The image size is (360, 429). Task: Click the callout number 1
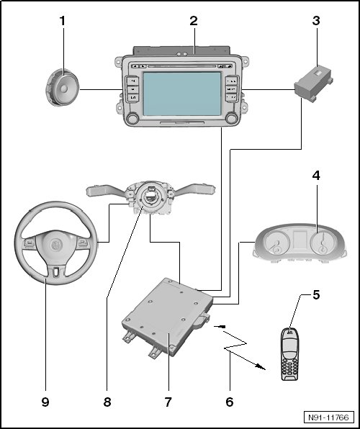(x=63, y=21)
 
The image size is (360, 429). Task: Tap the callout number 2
(x=194, y=21)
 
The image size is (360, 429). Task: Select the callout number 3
(x=316, y=21)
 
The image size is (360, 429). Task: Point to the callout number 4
(x=316, y=176)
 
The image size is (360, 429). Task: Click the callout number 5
(x=316, y=295)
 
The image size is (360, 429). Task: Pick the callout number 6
(x=230, y=402)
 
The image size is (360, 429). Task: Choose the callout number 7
(x=168, y=402)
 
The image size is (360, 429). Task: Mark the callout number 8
(x=107, y=402)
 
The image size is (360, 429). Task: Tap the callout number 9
(x=45, y=402)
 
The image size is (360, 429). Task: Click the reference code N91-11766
(x=328, y=417)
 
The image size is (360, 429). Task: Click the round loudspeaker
(x=62, y=88)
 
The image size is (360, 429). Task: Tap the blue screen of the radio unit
(x=182, y=94)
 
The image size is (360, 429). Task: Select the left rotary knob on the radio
(x=132, y=118)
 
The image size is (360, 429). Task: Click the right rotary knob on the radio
(x=232, y=118)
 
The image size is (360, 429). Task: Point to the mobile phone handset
(x=289, y=353)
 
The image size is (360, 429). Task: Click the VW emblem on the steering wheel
(x=56, y=244)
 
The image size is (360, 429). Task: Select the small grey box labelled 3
(x=314, y=83)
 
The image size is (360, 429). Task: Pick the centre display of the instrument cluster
(x=300, y=240)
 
